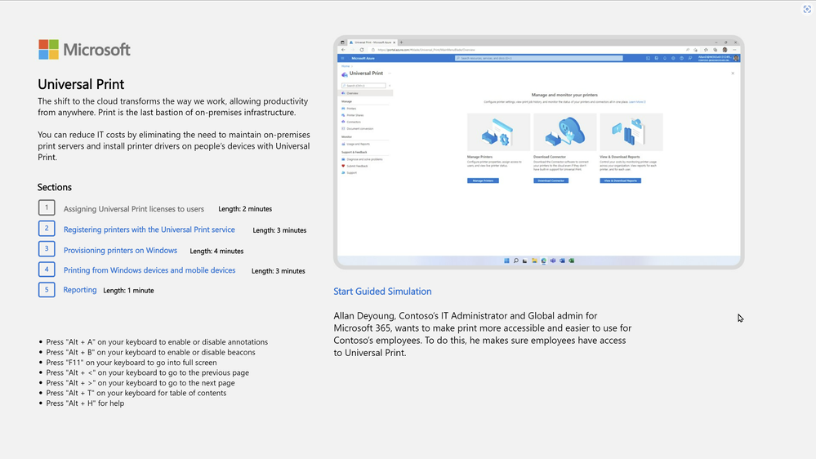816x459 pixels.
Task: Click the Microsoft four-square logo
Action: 49,50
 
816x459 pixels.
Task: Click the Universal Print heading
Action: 81,84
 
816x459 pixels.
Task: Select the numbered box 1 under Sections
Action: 47,208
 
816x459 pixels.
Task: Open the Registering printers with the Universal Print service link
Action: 149,229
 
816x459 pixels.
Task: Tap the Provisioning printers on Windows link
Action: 120,250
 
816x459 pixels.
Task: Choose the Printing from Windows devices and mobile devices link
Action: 149,270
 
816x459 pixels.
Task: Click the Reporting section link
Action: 80,290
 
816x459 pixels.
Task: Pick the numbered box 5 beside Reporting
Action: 47,289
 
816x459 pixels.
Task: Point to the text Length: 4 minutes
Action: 216,252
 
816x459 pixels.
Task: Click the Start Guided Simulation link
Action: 382,292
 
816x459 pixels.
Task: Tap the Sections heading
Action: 55,187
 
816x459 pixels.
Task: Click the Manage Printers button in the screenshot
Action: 483,180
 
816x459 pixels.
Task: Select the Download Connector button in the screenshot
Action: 551,180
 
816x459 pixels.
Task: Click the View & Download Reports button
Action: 620,180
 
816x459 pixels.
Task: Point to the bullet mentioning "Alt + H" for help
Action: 85,403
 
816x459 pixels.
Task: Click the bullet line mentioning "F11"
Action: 131,363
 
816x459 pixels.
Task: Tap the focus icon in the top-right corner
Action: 807,9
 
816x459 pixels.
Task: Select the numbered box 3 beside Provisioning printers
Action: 47,249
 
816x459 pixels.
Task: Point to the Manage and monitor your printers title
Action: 564,95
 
